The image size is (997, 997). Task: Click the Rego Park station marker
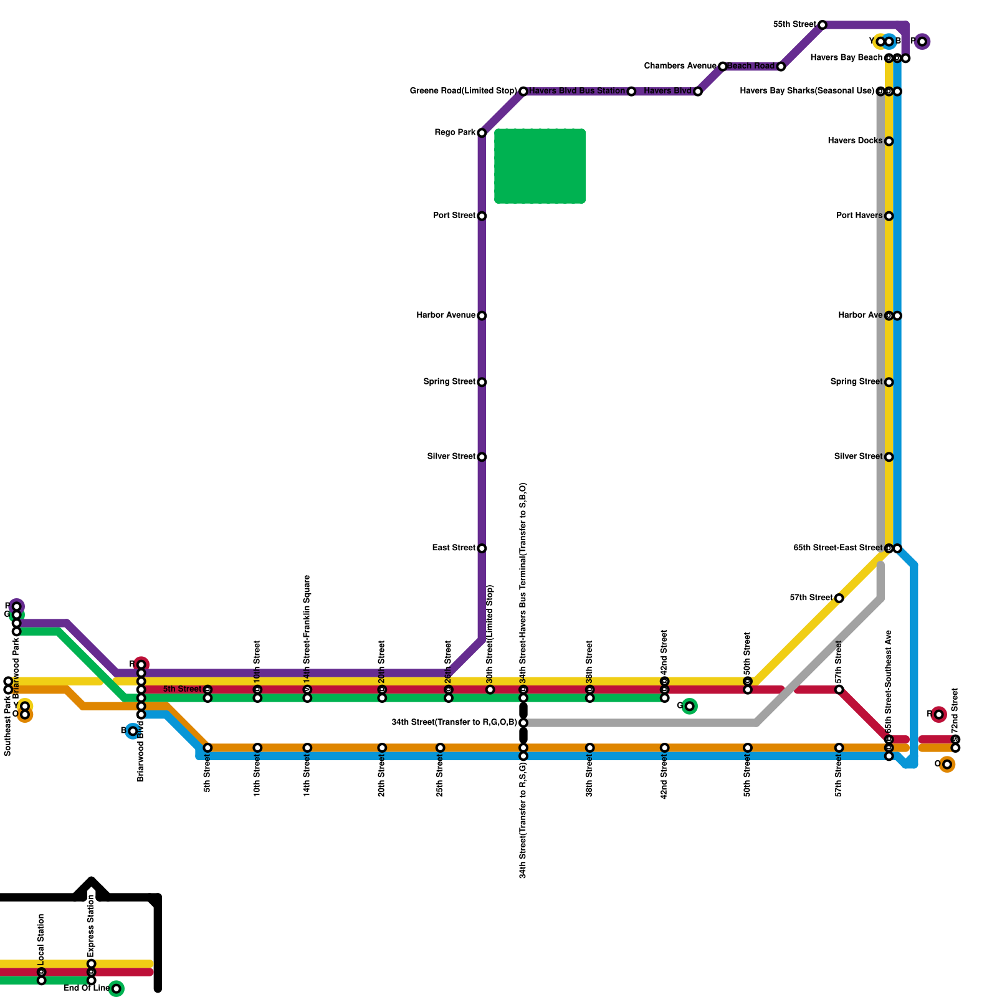point(482,133)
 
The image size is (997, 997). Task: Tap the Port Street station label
point(454,216)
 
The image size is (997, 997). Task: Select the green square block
point(540,166)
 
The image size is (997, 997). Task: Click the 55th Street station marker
point(823,25)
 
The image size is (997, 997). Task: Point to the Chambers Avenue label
point(680,66)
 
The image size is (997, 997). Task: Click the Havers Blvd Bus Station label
point(576,91)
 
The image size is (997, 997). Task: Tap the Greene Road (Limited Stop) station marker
point(523,92)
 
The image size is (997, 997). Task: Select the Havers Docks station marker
point(889,141)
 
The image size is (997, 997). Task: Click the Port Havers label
point(859,216)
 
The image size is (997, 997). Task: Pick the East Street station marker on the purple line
point(482,548)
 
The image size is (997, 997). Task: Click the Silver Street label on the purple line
point(451,457)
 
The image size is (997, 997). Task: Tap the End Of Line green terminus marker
point(117,989)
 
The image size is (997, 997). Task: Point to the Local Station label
point(41,937)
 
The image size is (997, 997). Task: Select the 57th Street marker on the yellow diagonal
point(839,598)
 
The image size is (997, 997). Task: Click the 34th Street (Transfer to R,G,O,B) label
point(454,723)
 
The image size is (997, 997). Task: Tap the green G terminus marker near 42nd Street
point(689,706)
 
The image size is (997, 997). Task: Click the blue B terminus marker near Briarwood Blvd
point(133,731)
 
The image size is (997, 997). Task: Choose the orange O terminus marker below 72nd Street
point(947,765)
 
